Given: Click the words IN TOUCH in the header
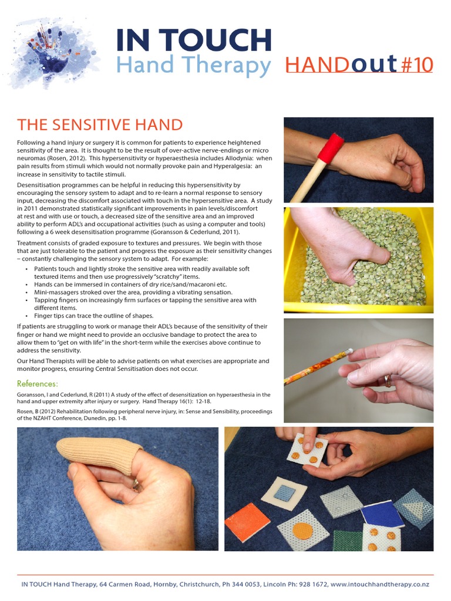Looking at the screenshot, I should [193, 39].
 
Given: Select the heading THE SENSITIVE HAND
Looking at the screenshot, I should [100, 125].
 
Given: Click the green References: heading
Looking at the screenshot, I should [38, 384].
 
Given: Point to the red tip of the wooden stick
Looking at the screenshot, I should [331, 147].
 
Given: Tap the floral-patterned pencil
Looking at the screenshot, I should [315, 367].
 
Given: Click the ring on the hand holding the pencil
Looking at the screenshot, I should [388, 381].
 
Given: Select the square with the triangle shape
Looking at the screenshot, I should [415, 508].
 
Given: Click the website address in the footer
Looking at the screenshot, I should [379, 585].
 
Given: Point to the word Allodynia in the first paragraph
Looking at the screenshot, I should [239, 158].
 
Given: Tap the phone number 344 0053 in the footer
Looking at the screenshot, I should [245, 585].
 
